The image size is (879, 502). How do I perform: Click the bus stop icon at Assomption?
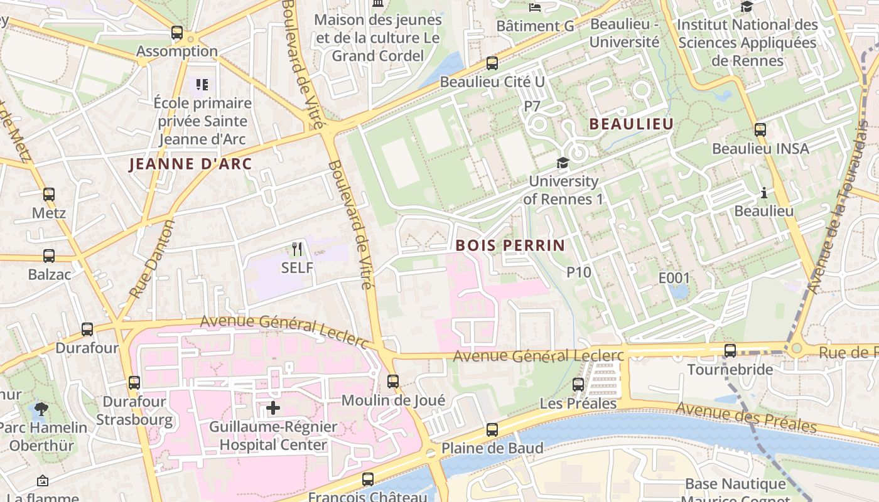pos(177,33)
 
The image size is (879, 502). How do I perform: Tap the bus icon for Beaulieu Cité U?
pos(492,63)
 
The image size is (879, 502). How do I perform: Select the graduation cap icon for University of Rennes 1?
pos(563,163)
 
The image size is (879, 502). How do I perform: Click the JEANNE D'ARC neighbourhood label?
pos(190,164)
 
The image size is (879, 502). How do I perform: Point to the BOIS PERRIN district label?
pos(510,245)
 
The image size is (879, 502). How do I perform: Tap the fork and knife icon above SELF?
pos(297,249)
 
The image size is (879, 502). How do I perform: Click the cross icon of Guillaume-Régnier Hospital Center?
pos(273,408)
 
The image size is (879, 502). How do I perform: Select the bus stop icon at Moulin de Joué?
pos(393,381)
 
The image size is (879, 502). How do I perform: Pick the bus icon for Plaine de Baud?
pos(492,430)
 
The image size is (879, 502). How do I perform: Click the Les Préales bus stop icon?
pos(578,385)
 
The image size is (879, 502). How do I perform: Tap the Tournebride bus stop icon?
pos(730,351)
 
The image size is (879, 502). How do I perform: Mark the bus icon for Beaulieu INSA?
pos(760,130)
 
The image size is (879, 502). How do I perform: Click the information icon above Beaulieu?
pos(764,193)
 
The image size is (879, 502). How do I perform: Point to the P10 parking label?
pos(579,272)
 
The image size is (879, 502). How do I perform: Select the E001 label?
pos(674,278)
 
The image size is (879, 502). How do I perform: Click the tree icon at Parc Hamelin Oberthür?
pos(42,409)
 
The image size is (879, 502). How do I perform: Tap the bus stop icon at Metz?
pos(49,195)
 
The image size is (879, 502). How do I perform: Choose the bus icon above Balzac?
pos(49,256)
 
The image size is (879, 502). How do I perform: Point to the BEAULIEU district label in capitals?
pos(631,124)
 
